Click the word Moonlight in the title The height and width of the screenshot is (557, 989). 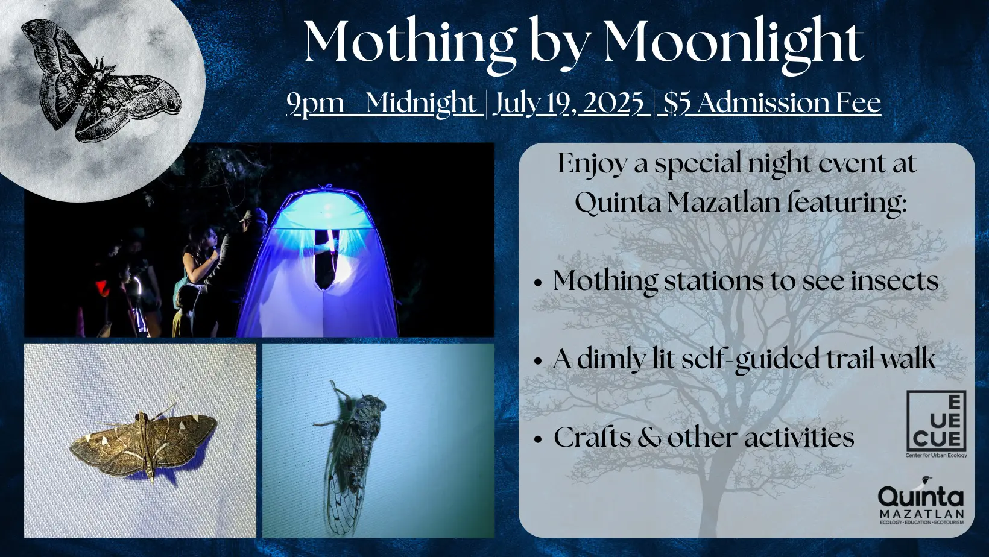tap(733, 42)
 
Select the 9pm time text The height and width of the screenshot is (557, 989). tap(315, 103)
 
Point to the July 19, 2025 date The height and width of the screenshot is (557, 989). tap(569, 103)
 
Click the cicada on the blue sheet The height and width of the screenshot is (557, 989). tap(351, 457)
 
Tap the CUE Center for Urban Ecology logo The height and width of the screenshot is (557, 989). tap(935, 424)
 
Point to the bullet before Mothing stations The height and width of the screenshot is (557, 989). tap(537, 283)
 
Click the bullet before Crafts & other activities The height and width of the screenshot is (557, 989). tap(537, 439)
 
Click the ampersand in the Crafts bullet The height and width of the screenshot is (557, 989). tap(649, 437)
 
